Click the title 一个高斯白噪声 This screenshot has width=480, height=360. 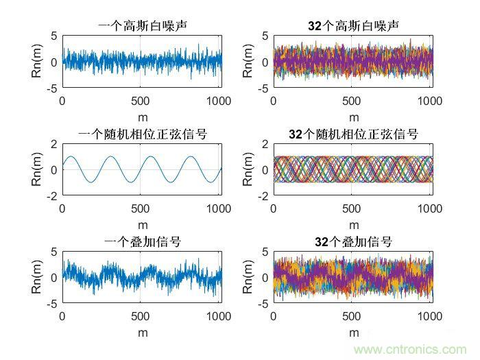pyautogui.click(x=143, y=26)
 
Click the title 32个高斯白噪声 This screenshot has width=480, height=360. pyautogui.click(x=354, y=26)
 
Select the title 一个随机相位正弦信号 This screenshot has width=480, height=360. pyautogui.click(x=143, y=134)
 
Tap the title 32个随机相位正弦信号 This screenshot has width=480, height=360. pyautogui.click(x=354, y=134)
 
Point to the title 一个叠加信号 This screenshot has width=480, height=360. pyautogui.click(x=143, y=241)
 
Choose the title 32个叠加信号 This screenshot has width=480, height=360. pyautogui.click(x=354, y=241)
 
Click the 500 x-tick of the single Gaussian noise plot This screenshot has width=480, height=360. pyautogui.click(x=140, y=100)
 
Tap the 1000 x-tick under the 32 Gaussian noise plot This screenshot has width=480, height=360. pyautogui.click(x=430, y=100)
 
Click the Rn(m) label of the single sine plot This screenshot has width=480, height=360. pyautogui.click(x=37, y=169)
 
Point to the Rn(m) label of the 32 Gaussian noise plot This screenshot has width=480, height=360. pyautogui.click(x=248, y=62)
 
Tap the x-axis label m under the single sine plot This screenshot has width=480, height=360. pyautogui.click(x=143, y=224)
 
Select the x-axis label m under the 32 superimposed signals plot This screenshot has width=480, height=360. pyautogui.click(x=354, y=332)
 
